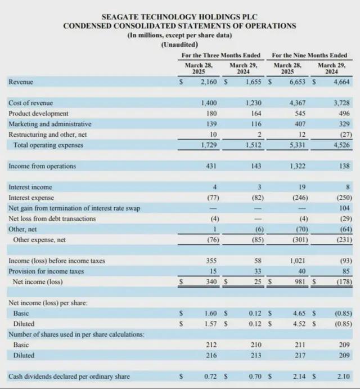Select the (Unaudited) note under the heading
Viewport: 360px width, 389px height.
[x=179, y=44]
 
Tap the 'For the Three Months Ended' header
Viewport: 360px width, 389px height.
[x=220, y=55]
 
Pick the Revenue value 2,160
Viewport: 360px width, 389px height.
[x=208, y=82]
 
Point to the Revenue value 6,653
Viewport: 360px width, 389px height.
[x=296, y=82]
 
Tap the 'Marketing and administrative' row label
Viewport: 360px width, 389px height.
[x=49, y=124]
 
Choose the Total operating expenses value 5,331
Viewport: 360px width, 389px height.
[x=296, y=145]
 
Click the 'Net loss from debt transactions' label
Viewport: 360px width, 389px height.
[x=52, y=218]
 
